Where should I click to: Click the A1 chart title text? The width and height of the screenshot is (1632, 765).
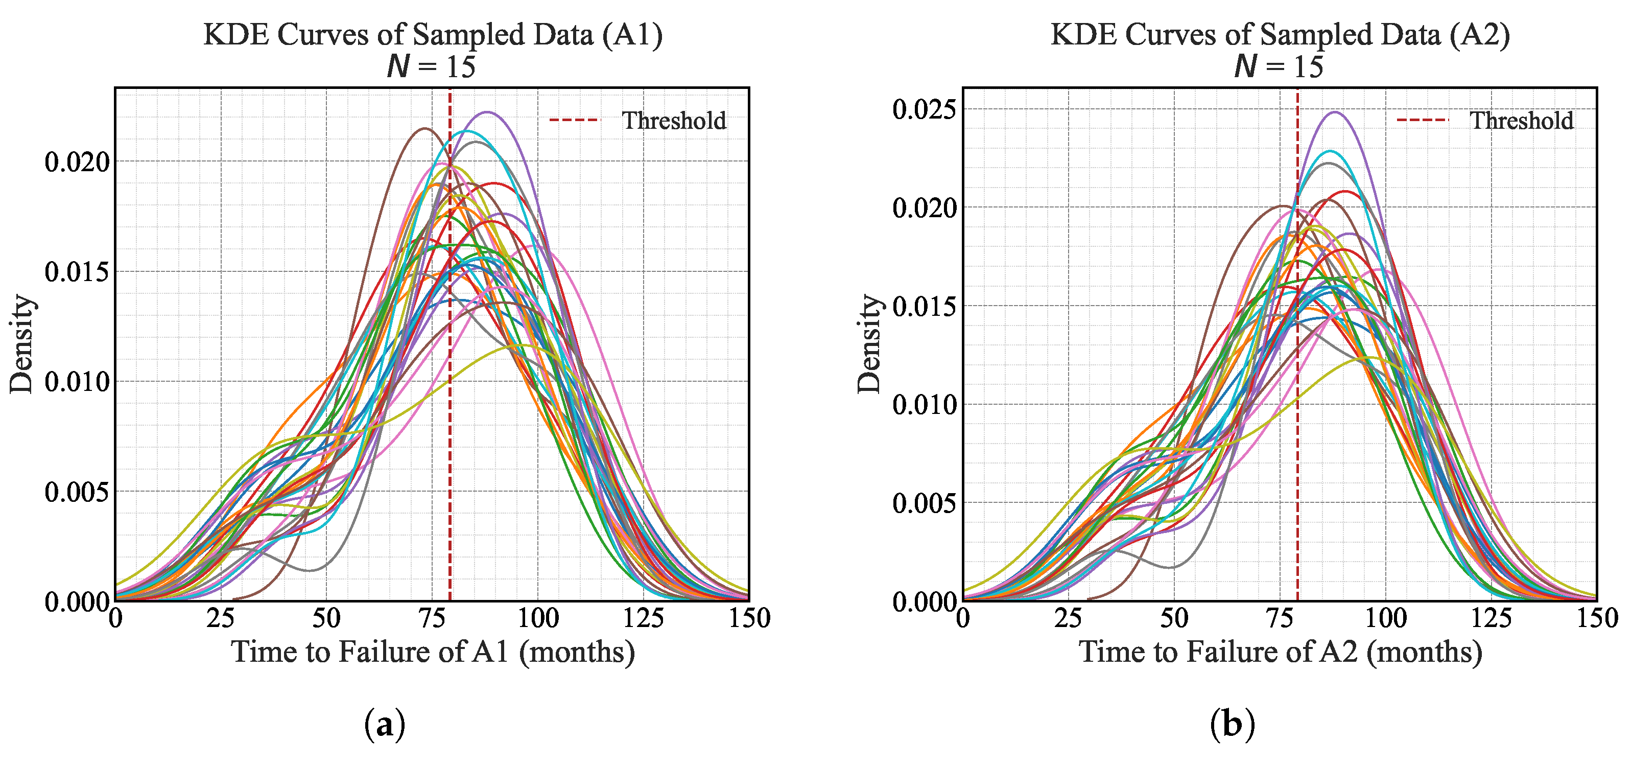click(433, 34)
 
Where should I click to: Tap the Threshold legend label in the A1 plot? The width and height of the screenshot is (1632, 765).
click(674, 121)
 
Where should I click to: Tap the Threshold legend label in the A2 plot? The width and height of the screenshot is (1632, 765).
click(1522, 121)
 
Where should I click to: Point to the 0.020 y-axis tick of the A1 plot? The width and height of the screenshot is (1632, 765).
click(77, 161)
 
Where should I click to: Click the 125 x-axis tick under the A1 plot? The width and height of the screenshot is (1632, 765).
click(644, 618)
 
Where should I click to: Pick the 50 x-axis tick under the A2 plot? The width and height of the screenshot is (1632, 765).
click(1174, 618)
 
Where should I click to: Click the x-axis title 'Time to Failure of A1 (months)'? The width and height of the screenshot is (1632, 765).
click(433, 652)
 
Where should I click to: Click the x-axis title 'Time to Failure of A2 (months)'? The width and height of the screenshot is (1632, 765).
click(1281, 652)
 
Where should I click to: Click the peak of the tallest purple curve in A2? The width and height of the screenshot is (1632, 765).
click(1335, 112)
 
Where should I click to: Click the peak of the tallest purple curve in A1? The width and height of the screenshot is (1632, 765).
click(487, 112)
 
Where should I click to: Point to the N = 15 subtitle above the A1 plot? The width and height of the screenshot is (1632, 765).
click(432, 66)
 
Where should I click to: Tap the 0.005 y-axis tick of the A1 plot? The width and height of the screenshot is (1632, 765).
click(77, 492)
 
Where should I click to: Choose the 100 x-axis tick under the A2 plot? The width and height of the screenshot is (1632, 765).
click(1386, 618)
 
